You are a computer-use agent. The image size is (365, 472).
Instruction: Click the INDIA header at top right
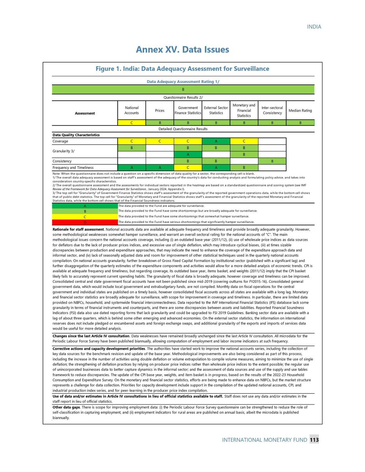314,27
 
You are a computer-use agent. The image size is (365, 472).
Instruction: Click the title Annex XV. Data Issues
182,50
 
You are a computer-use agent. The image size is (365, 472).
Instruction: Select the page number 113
314,440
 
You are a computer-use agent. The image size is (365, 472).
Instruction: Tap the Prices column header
159,111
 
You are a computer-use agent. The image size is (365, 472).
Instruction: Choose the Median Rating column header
301,111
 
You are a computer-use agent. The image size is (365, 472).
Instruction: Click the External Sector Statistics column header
216,111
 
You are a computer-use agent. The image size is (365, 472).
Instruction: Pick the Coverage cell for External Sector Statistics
216,141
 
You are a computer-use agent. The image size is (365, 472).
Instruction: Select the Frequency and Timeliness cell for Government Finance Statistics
187,167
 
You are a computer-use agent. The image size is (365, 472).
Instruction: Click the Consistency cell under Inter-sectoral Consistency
272,161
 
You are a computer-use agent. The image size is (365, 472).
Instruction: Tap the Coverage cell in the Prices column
159,141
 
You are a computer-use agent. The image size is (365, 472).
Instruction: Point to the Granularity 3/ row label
64,151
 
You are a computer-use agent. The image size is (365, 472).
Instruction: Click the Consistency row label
62,161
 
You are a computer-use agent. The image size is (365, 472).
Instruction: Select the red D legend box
85,222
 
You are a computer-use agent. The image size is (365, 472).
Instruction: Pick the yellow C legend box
85,216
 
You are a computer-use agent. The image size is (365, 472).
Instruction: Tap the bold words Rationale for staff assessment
78,229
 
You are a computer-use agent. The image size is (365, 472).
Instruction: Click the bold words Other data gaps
65,407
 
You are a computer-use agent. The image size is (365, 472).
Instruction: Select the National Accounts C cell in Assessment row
131,122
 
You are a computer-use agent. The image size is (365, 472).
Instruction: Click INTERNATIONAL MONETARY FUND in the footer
263,440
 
